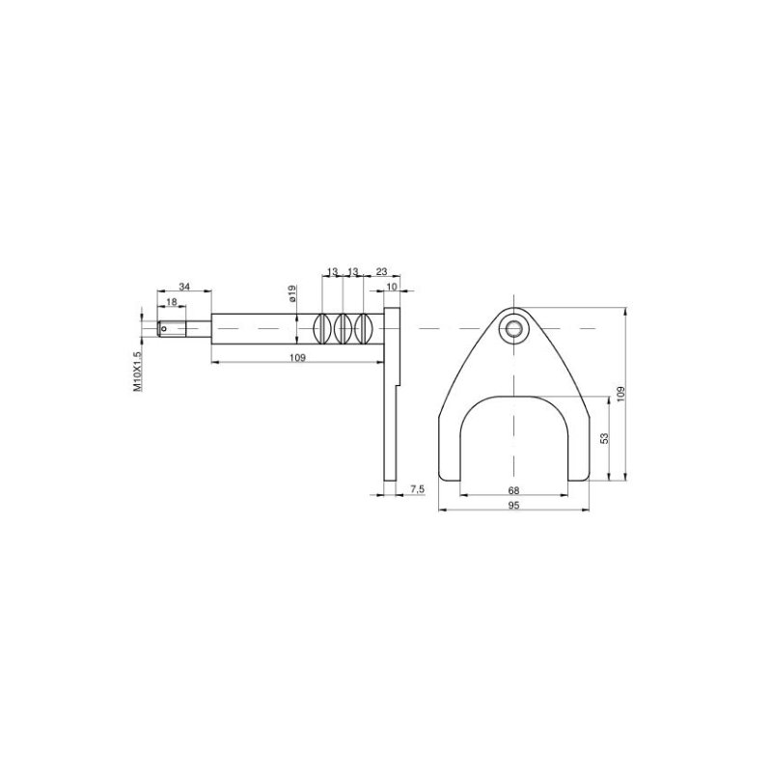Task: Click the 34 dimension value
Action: [x=184, y=287]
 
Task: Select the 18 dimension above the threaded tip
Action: [x=172, y=302]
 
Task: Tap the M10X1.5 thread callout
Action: [x=137, y=371]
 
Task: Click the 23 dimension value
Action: [x=381, y=273]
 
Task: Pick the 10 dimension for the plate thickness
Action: [x=392, y=288]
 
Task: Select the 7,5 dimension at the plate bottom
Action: [x=417, y=490]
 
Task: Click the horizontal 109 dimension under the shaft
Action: [x=297, y=358]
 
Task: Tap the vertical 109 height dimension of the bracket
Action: [x=622, y=394]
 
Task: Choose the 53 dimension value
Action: [x=604, y=438]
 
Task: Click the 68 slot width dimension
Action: [x=513, y=490]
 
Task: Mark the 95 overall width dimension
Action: [x=513, y=505]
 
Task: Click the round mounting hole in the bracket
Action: [x=513, y=329]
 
